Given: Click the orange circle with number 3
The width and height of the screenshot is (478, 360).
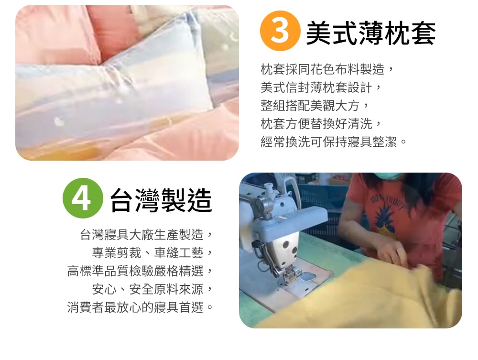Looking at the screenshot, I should [280, 31].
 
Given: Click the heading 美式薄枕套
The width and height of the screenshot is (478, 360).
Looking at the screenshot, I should [370, 33].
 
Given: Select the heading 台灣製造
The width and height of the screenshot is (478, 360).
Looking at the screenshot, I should [161, 199].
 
